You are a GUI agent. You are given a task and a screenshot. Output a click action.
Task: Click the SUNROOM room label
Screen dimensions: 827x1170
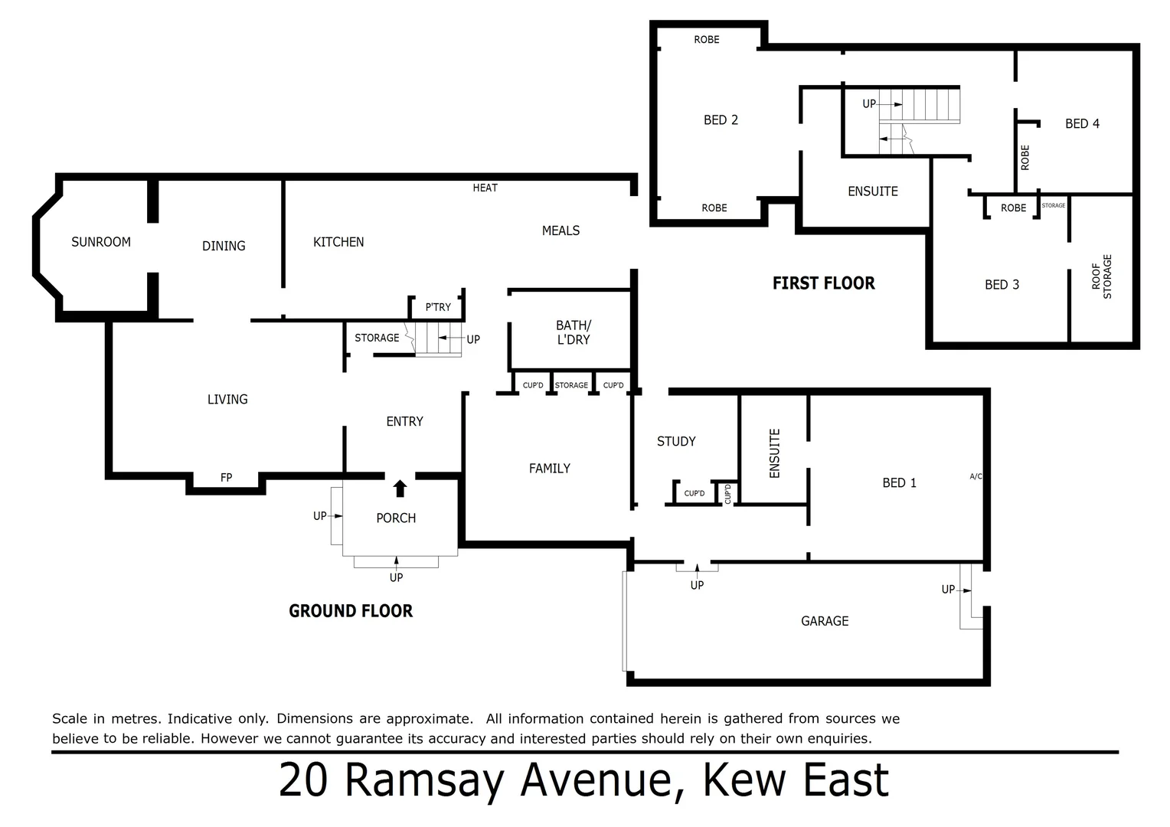point(101,242)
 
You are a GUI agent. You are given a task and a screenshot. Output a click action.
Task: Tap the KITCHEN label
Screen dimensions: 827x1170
point(338,242)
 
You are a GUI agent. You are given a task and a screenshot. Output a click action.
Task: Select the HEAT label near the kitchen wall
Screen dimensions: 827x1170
point(485,188)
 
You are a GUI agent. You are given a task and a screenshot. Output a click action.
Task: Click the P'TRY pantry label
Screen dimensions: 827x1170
point(438,307)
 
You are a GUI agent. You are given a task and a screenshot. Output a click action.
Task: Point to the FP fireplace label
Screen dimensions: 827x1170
point(226,478)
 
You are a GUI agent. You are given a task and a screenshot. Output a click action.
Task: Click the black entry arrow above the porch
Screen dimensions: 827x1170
point(400,489)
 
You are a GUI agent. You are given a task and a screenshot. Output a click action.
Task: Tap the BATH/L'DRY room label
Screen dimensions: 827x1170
point(573,332)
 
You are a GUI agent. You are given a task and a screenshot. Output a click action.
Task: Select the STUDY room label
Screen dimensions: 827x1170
point(676,441)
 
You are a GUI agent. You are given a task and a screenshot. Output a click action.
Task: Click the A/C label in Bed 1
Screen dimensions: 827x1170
point(976,476)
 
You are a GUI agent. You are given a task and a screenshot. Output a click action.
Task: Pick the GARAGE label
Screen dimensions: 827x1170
point(825,621)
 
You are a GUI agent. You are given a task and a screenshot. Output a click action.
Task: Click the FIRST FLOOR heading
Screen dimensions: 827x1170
point(823,283)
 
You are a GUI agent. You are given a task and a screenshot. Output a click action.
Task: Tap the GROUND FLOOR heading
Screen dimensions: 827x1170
point(351,611)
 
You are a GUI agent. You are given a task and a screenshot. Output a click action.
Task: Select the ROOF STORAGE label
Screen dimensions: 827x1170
point(1101,276)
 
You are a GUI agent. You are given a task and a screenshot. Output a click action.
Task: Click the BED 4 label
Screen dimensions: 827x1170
point(1082,123)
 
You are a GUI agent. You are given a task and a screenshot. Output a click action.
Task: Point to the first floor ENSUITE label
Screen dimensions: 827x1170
point(872,191)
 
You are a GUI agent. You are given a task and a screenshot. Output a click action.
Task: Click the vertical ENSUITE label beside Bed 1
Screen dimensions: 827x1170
point(774,453)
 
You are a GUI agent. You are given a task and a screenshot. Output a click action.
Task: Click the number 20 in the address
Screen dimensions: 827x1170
point(304,780)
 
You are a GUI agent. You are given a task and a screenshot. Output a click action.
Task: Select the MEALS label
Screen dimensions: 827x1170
point(560,230)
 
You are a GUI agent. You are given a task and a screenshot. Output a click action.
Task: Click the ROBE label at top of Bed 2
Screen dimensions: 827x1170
point(706,40)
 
